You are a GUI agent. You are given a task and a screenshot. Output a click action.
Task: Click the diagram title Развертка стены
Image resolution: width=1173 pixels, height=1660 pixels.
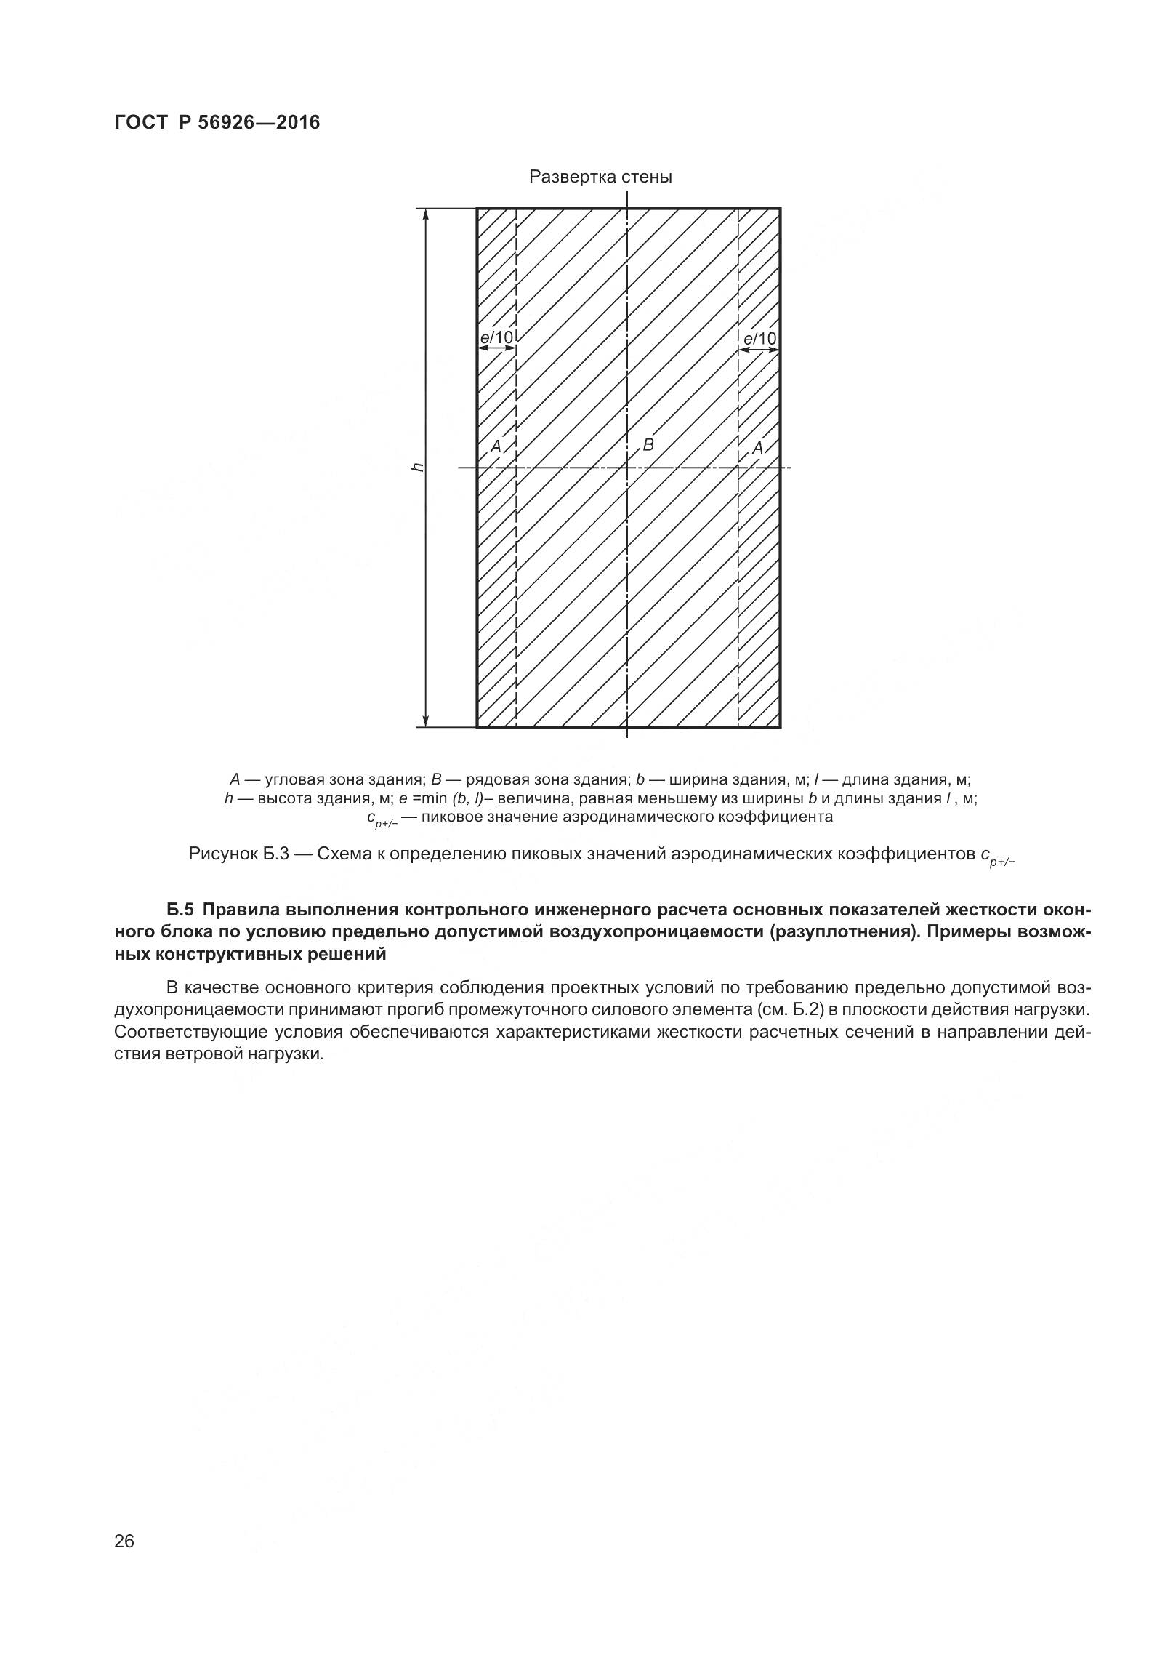[x=600, y=177]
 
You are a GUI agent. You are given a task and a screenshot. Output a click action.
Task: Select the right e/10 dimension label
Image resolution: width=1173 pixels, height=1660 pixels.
[x=759, y=338]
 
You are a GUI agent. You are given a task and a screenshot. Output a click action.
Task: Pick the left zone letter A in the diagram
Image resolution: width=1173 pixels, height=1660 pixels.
[x=496, y=446]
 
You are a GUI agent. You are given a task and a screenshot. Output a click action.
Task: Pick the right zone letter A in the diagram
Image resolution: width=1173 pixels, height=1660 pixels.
[x=757, y=448]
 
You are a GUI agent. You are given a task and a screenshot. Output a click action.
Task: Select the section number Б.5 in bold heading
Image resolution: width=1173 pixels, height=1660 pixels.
[x=182, y=910]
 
